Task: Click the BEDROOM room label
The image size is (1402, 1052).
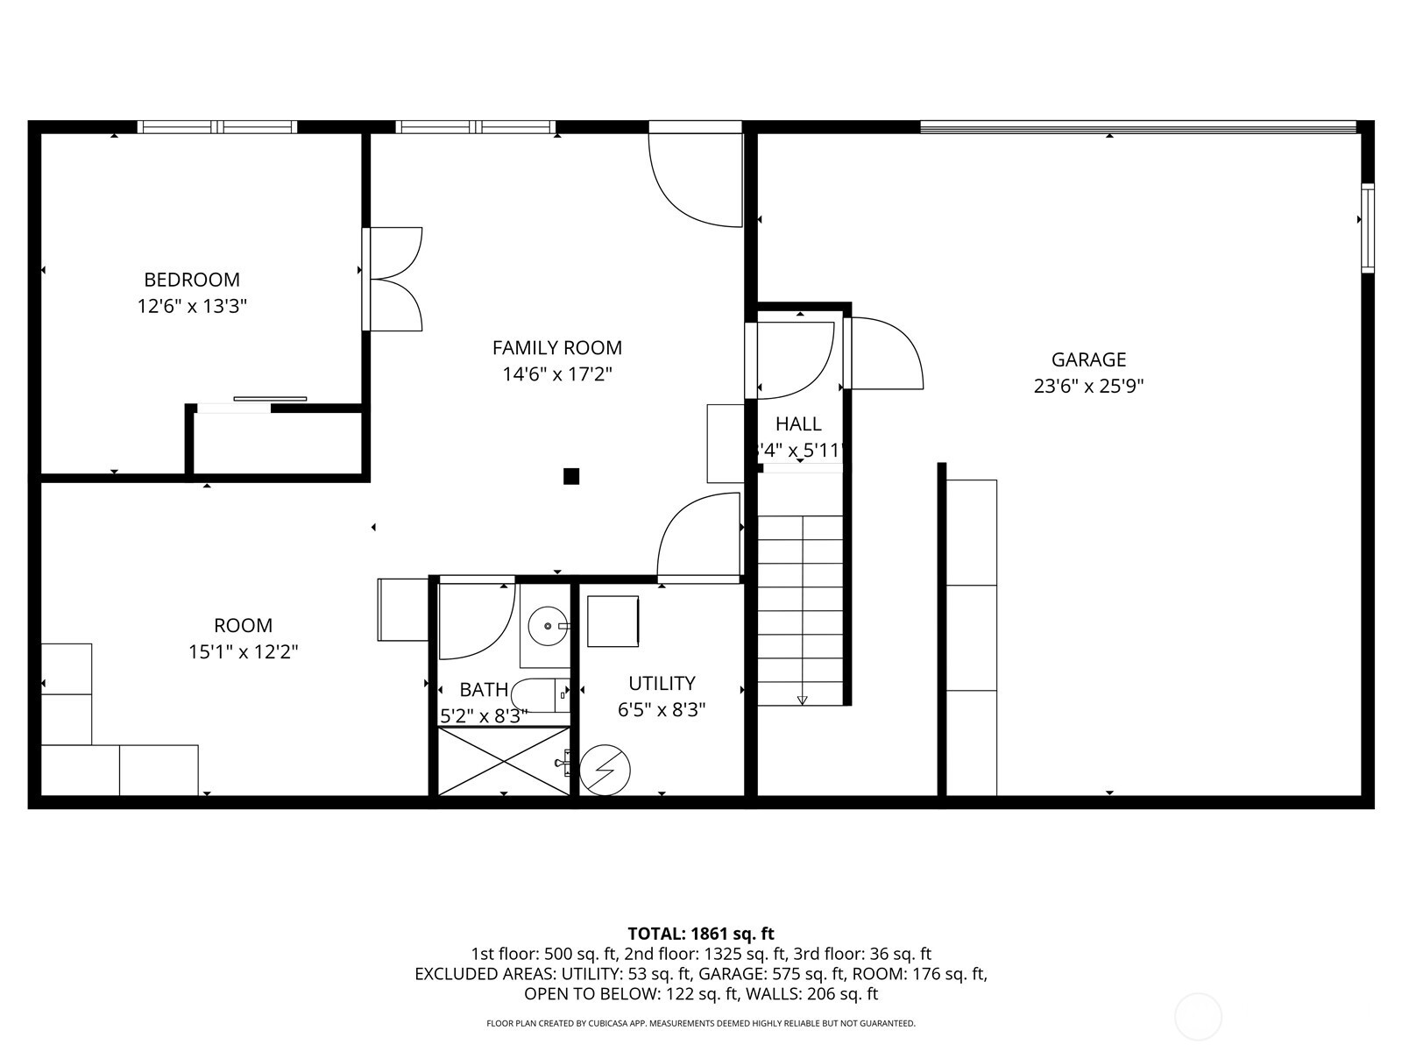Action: click(x=191, y=280)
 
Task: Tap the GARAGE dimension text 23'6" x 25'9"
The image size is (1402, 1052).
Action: click(x=1088, y=387)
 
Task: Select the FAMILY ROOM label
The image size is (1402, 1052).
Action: click(x=556, y=348)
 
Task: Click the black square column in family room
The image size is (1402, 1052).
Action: click(x=571, y=476)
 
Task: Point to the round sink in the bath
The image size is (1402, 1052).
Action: click(x=549, y=626)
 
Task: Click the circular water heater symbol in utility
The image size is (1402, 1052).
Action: click(x=605, y=771)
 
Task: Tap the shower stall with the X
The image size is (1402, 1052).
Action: click(x=503, y=761)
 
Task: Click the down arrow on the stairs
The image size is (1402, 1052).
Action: click(x=802, y=699)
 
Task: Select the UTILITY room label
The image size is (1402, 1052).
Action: click(x=662, y=683)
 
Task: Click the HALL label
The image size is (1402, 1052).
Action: click(x=798, y=424)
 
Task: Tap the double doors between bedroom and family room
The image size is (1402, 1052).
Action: click(x=394, y=280)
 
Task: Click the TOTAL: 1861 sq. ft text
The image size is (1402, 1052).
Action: click(x=701, y=934)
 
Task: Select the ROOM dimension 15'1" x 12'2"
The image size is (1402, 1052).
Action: click(x=244, y=652)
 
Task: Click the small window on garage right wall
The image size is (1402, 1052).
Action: click(x=1367, y=228)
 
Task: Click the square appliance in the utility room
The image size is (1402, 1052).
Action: click(x=612, y=622)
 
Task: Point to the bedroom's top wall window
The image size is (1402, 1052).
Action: click(x=217, y=127)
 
